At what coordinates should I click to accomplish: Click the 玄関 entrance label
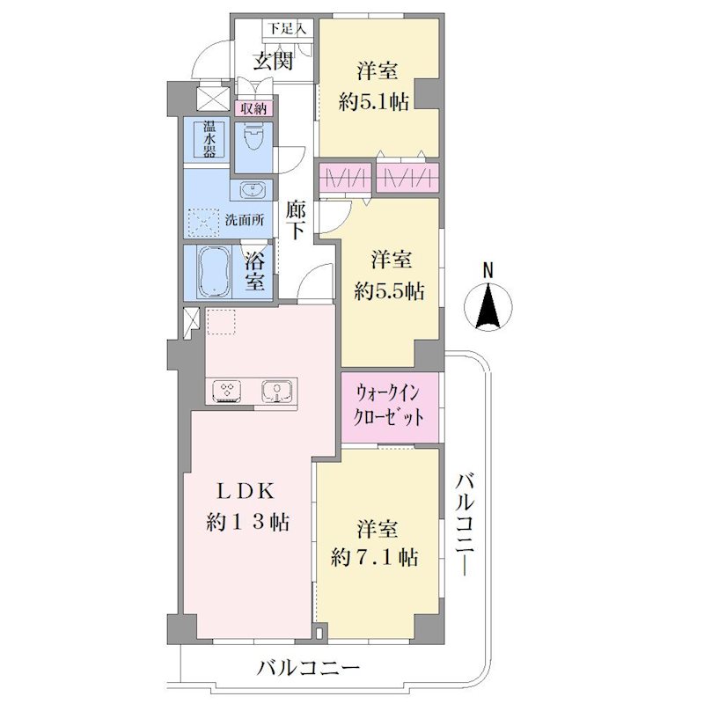273,61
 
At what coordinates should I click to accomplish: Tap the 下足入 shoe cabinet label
287,29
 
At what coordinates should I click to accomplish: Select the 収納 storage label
253,108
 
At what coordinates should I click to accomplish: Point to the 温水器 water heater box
209,139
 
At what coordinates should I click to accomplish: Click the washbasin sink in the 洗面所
252,190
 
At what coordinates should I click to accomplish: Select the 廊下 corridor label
296,221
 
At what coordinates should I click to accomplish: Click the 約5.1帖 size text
373,103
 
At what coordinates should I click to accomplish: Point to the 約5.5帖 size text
389,292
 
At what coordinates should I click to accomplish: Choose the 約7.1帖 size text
375,558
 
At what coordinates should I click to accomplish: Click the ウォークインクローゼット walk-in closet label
389,406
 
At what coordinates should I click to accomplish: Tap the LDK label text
246,493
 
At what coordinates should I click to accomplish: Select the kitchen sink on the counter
276,391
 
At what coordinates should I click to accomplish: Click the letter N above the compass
488,271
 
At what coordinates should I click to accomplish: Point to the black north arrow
488,305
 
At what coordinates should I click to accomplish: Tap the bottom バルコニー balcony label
308,669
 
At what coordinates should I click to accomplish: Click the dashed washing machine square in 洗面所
205,223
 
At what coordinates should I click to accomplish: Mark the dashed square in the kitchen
221,322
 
